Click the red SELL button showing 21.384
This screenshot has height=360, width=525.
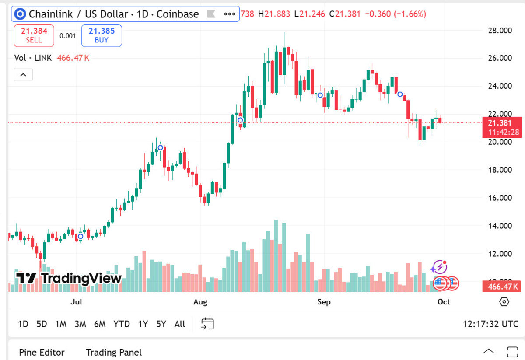[34, 35]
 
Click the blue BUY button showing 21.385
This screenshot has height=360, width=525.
[101, 35]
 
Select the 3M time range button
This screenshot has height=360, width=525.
[80, 324]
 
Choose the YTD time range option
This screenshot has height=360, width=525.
[122, 324]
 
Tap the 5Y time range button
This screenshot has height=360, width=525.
[161, 324]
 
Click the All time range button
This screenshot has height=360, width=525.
[180, 324]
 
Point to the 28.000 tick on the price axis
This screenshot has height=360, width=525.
[500, 30]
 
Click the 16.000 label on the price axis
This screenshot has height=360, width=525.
[500, 198]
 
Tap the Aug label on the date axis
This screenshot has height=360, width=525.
[200, 302]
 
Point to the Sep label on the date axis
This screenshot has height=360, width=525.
[324, 302]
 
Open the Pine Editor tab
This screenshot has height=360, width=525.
[42, 353]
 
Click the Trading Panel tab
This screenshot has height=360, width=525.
[114, 353]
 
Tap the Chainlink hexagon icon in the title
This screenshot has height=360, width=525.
[20, 14]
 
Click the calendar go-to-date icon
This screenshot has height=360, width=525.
[207, 324]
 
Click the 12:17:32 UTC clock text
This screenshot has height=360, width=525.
[491, 324]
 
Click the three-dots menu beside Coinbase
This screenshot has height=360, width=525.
[230, 14]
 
